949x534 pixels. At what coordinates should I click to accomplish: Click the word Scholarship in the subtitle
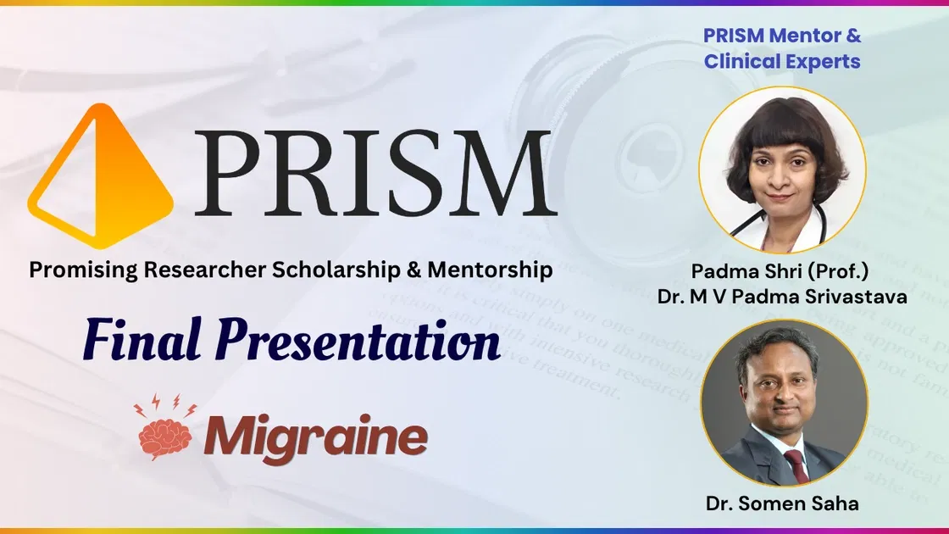[338, 270]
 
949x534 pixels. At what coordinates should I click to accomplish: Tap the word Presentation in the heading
[356, 343]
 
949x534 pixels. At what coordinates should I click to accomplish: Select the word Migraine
[315, 436]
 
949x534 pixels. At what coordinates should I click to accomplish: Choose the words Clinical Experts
[782, 62]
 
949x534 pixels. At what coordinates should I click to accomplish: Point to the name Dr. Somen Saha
[782, 503]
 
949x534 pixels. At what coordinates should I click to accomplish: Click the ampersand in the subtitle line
[413, 270]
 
